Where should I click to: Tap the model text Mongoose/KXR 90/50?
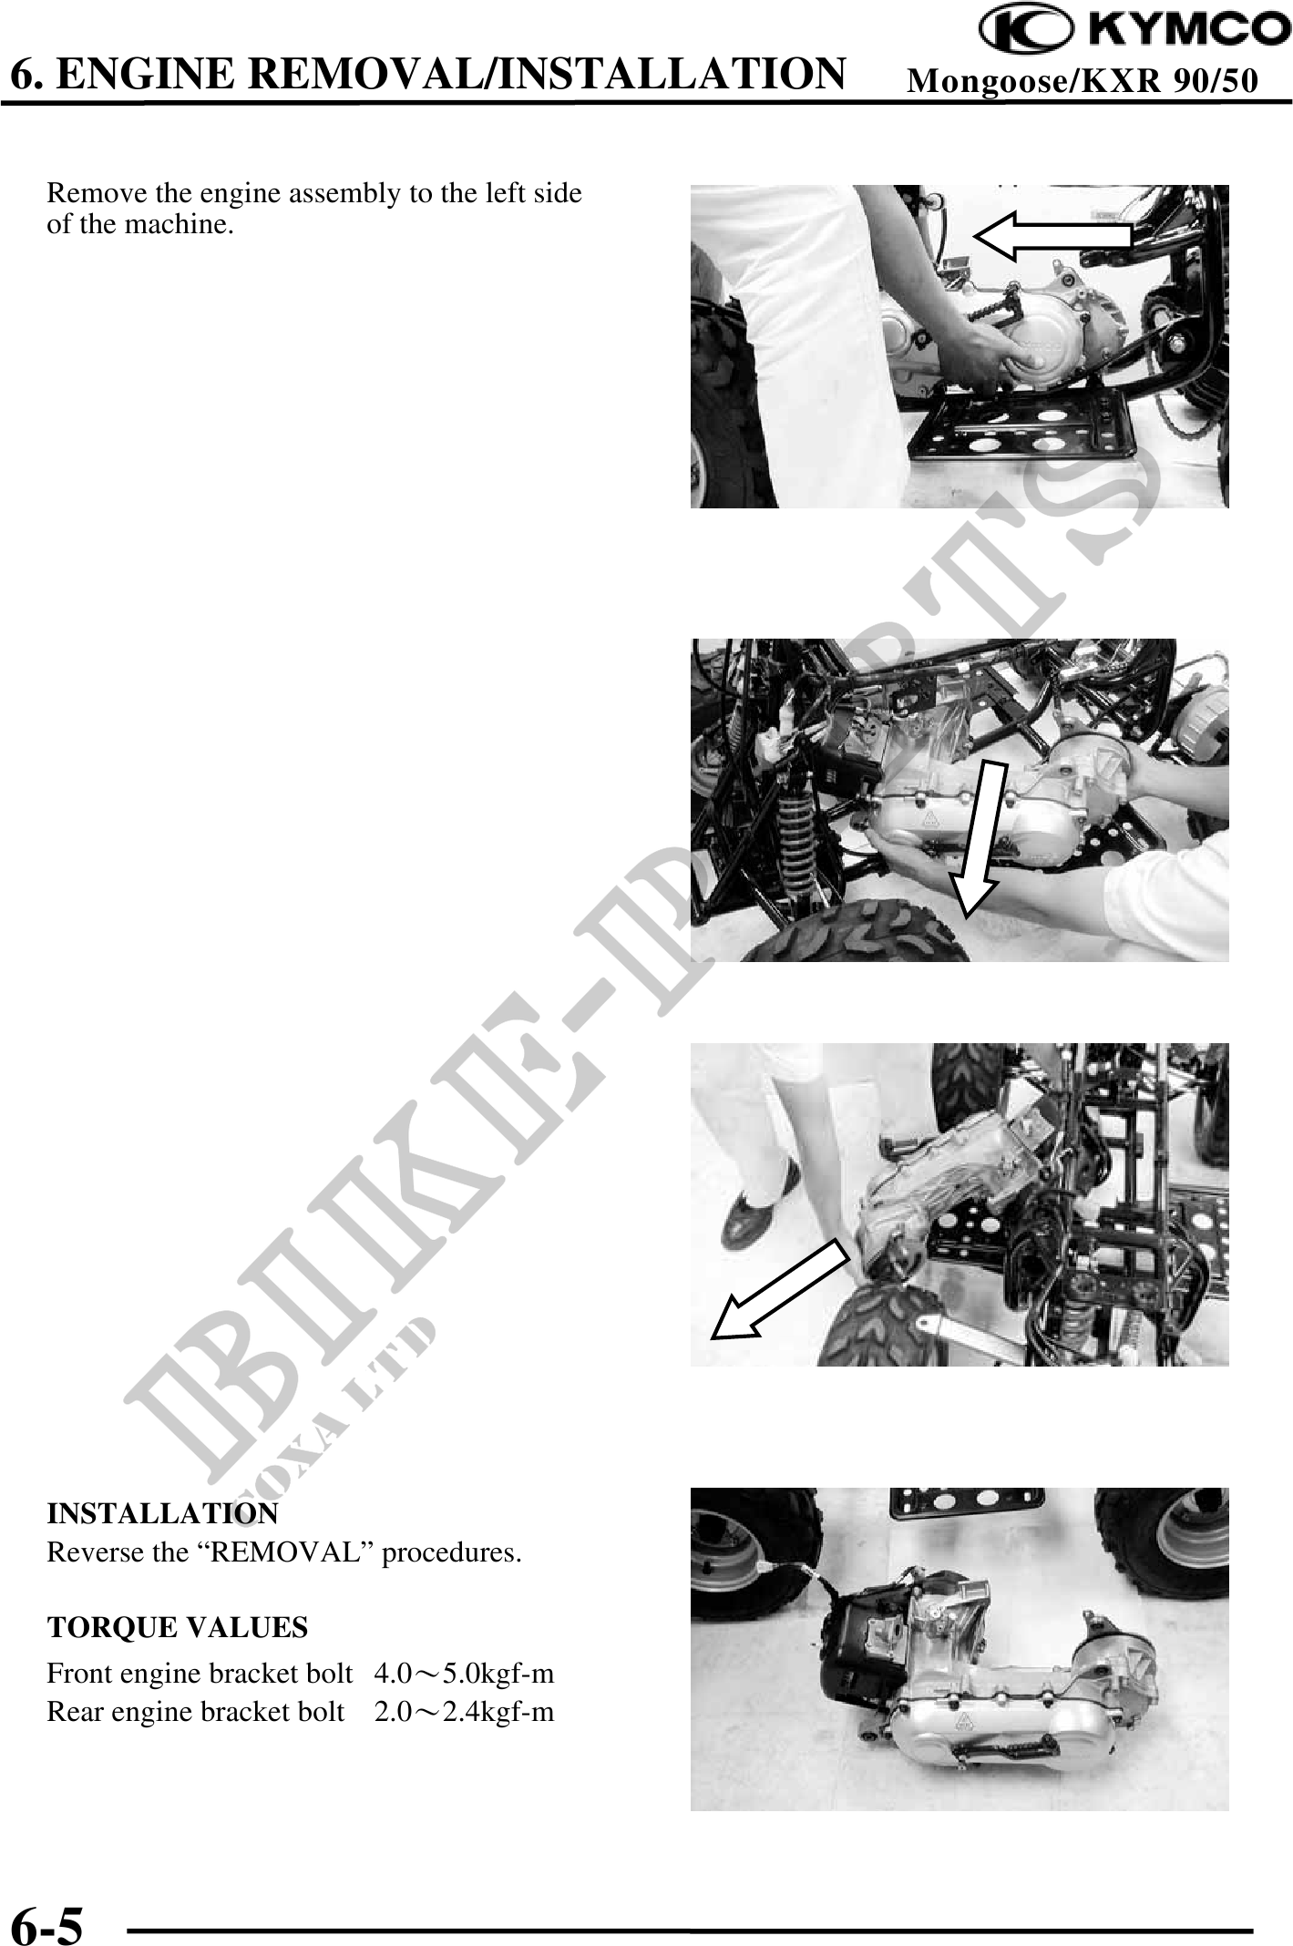(1083, 82)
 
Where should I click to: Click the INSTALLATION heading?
(163, 1514)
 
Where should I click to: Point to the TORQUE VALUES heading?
(178, 1628)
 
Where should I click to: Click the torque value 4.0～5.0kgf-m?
(465, 1674)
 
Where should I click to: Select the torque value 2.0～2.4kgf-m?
(465, 1712)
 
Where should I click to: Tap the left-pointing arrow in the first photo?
(1052, 235)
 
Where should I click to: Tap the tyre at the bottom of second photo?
(852, 933)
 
